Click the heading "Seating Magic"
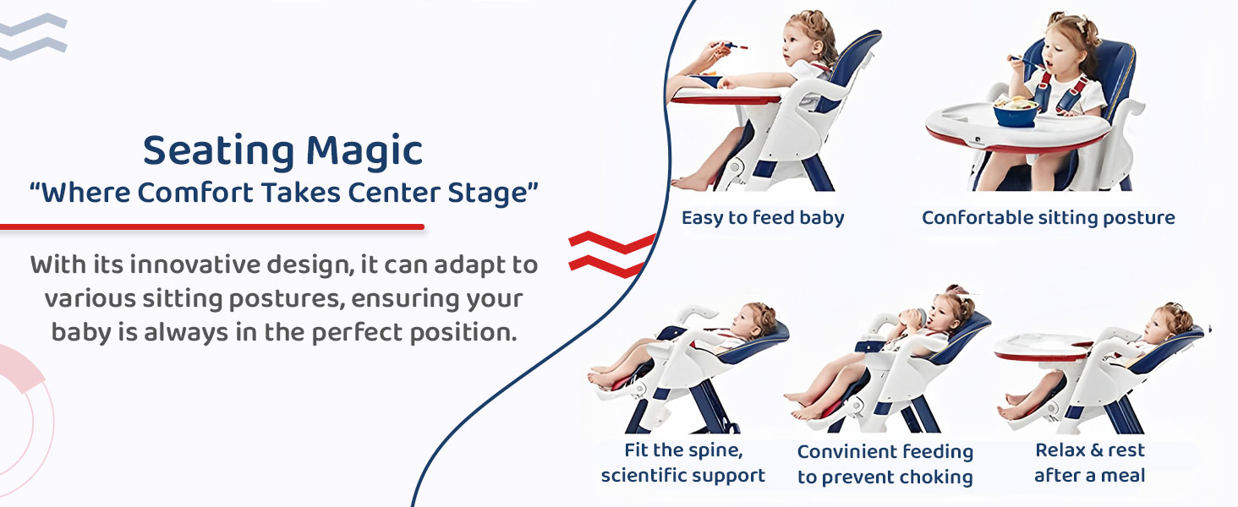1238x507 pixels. (282, 151)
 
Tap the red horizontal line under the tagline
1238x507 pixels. (211, 226)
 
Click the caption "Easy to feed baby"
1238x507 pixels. (763, 218)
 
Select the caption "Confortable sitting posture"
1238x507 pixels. (1048, 218)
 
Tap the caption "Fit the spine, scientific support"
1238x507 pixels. (683, 463)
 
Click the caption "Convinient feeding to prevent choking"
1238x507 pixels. (885, 465)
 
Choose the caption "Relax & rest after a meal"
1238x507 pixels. (1089, 463)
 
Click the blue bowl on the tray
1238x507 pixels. (1015, 112)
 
